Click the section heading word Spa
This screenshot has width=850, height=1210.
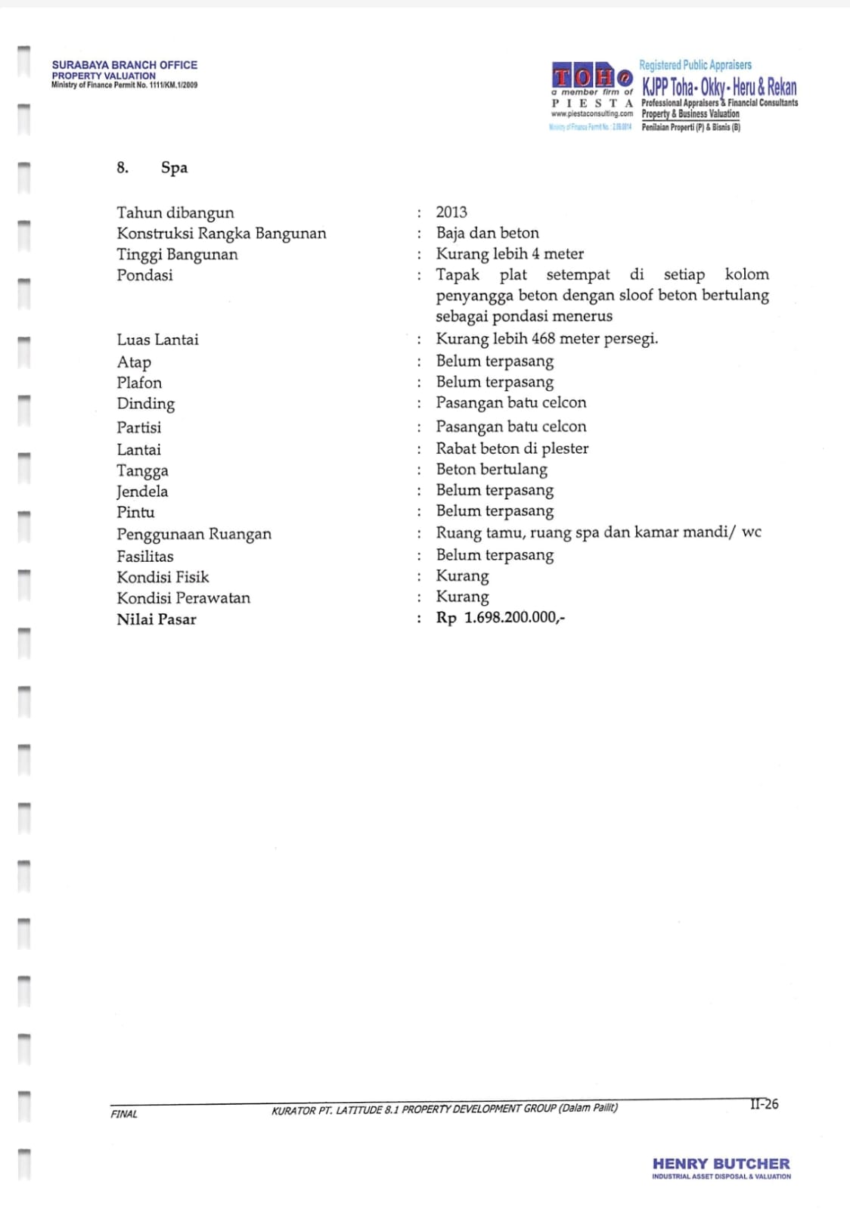click(x=174, y=168)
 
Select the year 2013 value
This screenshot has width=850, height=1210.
click(x=451, y=213)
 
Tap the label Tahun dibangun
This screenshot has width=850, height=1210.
click(x=175, y=213)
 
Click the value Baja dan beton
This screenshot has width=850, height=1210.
click(x=487, y=233)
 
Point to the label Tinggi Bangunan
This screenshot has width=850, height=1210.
click(x=177, y=254)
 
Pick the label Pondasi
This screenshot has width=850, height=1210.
click(x=144, y=275)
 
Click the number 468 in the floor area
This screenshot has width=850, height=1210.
click(x=543, y=339)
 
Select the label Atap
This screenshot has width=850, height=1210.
click(x=134, y=362)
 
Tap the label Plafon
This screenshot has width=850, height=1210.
click(x=139, y=383)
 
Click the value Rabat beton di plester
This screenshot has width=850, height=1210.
click(x=512, y=448)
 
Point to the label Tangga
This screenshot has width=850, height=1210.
click(x=142, y=470)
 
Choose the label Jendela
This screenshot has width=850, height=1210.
click(x=142, y=492)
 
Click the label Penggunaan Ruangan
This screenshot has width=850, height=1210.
click(x=194, y=534)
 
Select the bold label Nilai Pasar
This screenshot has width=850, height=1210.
click(x=157, y=619)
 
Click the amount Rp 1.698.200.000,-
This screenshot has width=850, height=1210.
click(x=500, y=618)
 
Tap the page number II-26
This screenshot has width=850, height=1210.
click(x=764, y=1104)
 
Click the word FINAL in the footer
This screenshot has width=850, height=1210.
click(x=124, y=1114)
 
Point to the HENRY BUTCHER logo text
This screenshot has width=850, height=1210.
click(x=721, y=1164)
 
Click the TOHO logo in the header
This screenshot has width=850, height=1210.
click(x=591, y=77)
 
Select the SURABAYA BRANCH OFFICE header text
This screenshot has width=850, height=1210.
click(x=125, y=65)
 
